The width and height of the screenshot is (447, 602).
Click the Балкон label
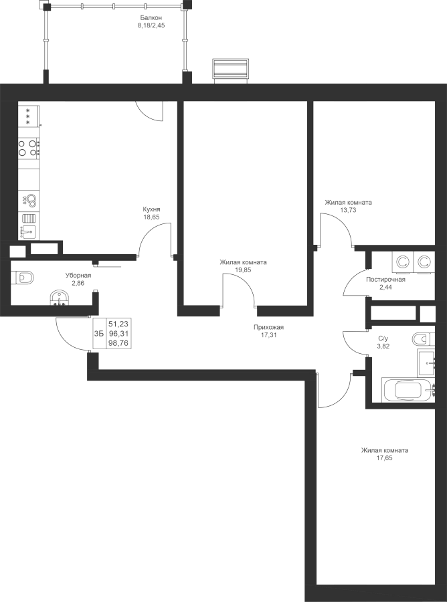(151, 17)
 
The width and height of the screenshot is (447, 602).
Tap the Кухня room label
(151, 209)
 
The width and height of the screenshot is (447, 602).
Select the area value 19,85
(243, 270)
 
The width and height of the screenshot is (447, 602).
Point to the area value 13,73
(349, 210)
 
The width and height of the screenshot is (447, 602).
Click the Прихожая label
(268, 328)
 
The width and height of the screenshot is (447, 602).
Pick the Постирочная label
(385, 280)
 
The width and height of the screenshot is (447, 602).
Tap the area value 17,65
(384, 458)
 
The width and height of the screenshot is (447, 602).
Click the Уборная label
(78, 276)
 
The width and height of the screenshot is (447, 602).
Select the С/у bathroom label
(383, 338)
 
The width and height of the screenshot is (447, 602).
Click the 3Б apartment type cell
(99, 333)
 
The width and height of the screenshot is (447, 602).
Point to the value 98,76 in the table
(118, 343)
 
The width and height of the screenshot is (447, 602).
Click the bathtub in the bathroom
(408, 390)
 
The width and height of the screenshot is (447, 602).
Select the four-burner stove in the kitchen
(29, 148)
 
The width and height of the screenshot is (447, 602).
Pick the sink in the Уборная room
(60, 298)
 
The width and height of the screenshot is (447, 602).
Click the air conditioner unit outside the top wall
(231, 70)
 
